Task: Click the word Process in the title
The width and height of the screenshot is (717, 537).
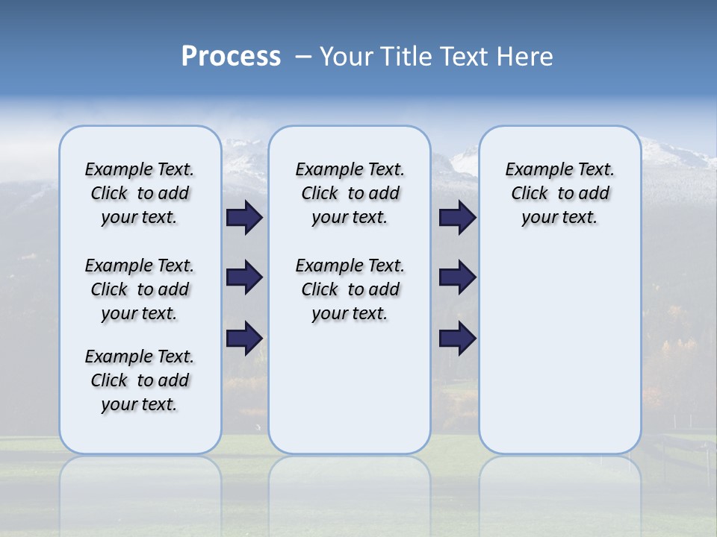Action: [231, 57]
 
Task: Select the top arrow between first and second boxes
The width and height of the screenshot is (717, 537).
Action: [244, 218]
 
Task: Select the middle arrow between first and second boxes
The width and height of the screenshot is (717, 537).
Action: [244, 277]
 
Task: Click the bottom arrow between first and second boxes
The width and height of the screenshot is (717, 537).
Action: [244, 338]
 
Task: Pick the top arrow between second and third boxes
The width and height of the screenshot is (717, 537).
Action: [457, 218]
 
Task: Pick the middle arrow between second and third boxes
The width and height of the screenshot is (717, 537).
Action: [457, 277]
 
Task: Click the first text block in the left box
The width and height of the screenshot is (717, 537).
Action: [140, 193]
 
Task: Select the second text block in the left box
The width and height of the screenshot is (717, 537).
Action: [140, 289]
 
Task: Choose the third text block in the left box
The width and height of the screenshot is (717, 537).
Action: [140, 380]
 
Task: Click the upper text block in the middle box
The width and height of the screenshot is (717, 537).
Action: [350, 193]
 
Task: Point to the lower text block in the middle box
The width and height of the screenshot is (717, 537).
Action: [350, 289]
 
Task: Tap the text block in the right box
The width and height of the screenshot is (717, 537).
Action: [559, 193]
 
